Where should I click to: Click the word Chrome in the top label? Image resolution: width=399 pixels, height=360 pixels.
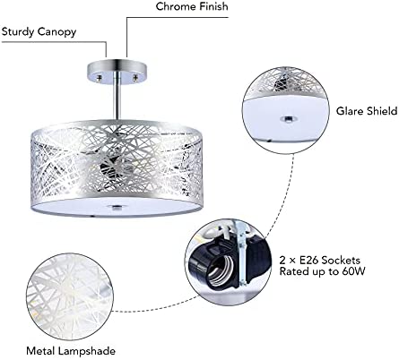(176, 6)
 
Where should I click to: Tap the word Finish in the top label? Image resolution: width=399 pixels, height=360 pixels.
(213, 6)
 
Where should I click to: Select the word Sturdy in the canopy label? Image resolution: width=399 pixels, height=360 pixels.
(17, 32)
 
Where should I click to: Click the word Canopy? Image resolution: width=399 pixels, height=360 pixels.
(56, 32)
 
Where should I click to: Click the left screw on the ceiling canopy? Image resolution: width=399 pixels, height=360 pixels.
(100, 78)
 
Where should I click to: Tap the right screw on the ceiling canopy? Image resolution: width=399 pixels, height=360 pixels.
(135, 78)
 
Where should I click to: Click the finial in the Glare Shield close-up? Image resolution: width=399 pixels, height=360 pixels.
(287, 119)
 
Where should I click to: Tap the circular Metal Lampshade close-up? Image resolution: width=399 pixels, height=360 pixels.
(70, 297)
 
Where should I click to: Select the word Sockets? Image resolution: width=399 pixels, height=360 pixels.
(341, 261)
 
